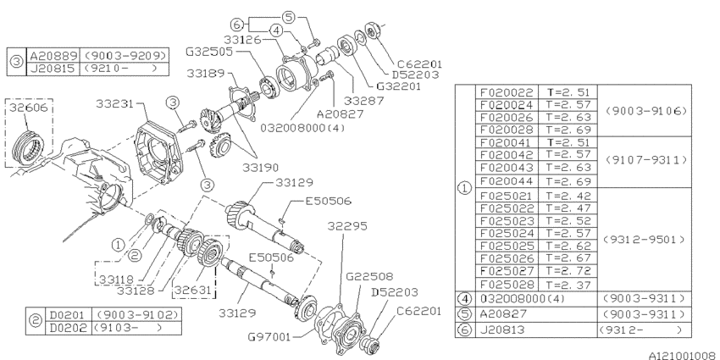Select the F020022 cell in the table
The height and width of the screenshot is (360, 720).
point(507,91)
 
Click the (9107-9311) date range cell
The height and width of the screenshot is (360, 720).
point(645,158)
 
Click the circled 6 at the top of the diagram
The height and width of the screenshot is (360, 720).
point(238,23)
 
